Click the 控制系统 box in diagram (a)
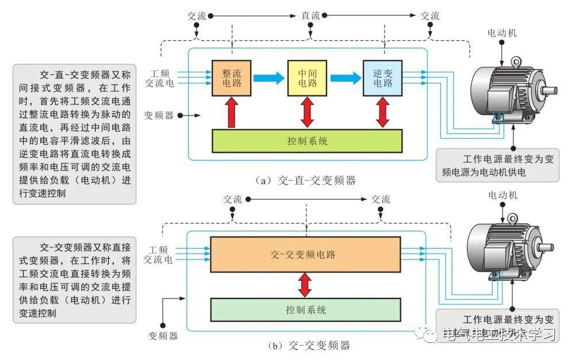click(x=307, y=141)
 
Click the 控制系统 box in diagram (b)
click(x=305, y=310)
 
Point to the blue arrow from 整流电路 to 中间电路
click(x=269, y=76)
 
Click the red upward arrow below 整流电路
click(x=232, y=112)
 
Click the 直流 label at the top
click(x=310, y=16)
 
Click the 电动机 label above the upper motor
click(x=502, y=33)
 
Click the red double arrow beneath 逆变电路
click(x=382, y=112)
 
